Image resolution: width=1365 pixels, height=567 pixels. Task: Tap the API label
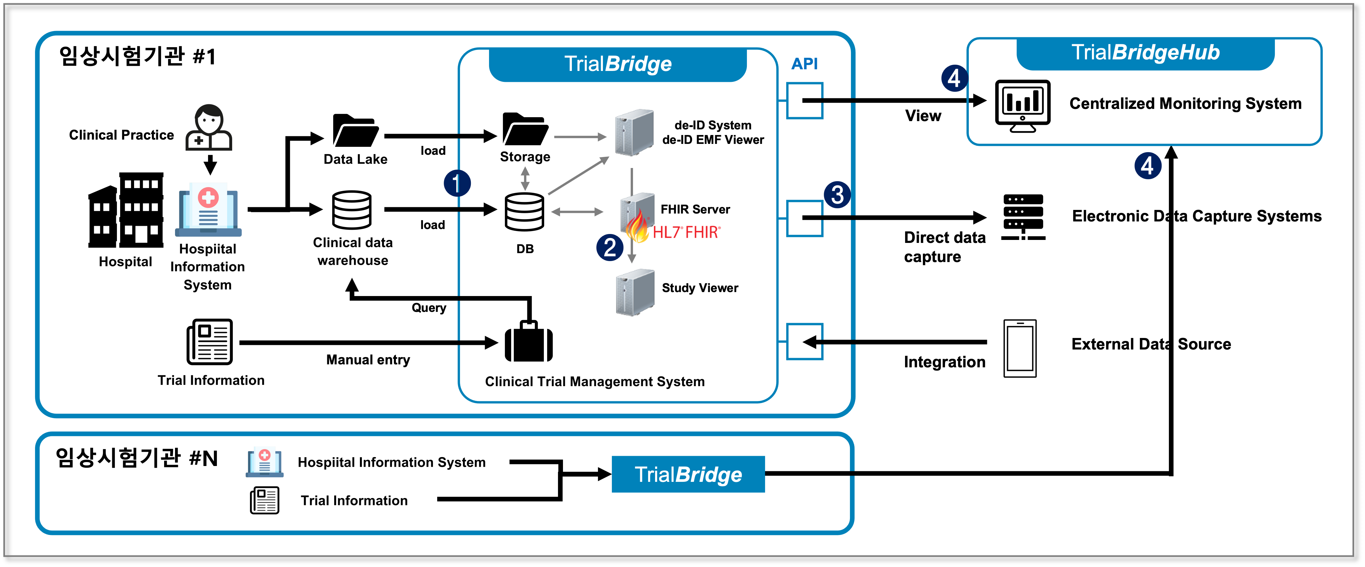point(804,64)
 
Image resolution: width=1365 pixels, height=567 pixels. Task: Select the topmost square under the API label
point(804,101)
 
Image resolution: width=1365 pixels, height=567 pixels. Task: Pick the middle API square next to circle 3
point(804,218)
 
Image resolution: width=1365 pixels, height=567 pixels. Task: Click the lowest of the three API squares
point(804,342)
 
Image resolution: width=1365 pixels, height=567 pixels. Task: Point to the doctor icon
point(209,128)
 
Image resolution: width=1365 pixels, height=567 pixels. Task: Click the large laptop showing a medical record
point(208,210)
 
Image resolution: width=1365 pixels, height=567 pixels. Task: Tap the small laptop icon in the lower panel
point(264,462)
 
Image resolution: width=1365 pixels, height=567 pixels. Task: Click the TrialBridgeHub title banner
point(1145,53)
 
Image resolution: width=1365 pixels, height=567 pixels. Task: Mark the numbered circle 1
point(457,183)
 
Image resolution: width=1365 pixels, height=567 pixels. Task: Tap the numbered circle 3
point(837,194)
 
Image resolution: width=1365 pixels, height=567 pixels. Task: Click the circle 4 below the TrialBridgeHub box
point(1148,166)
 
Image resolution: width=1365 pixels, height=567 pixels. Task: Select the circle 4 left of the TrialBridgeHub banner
point(954,78)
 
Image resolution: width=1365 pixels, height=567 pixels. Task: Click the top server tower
point(634,132)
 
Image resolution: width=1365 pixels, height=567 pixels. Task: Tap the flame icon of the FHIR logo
point(638,228)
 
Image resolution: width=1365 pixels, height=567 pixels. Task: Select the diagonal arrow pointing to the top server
point(578,176)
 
